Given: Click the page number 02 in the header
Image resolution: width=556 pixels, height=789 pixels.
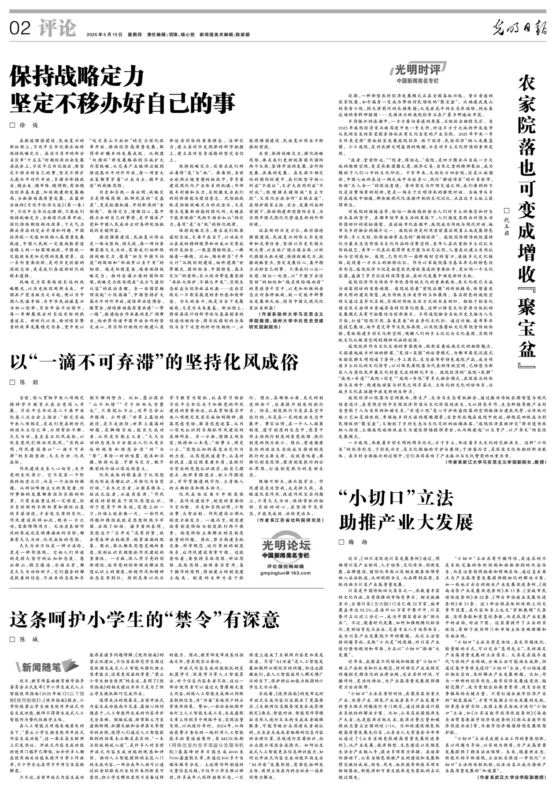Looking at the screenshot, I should [x=20, y=29].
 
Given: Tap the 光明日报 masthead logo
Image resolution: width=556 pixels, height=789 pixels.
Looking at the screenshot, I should [x=519, y=29].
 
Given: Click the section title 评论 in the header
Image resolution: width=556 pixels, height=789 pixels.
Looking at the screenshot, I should [x=57, y=28].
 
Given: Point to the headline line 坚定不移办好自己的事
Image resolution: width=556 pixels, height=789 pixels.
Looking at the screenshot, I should [x=123, y=104].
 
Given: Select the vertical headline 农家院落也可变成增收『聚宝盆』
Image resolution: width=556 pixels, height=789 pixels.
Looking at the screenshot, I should [x=526, y=220].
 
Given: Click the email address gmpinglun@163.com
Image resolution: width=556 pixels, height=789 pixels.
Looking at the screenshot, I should [x=285, y=573].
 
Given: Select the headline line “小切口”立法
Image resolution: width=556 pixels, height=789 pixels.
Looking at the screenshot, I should [x=396, y=499].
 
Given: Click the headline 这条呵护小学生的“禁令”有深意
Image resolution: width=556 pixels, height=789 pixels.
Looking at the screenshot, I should [x=145, y=620].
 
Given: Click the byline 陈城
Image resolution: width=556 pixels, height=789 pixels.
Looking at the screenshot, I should [x=29, y=639].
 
